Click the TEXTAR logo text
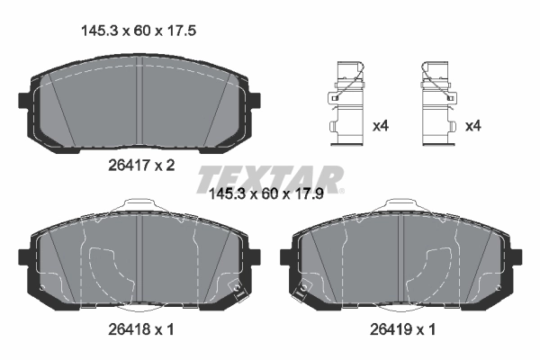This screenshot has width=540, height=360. click(x=270, y=177)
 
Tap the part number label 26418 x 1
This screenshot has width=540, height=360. click(x=138, y=330)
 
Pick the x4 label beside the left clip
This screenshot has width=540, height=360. click(x=381, y=126)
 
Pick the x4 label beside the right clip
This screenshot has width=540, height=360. click(x=473, y=126)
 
